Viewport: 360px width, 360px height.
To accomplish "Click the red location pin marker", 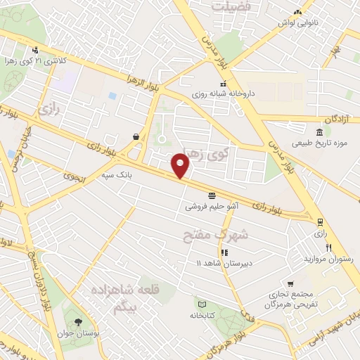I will coord(181,165).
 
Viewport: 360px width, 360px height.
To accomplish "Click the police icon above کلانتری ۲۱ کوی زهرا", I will coord(35,50).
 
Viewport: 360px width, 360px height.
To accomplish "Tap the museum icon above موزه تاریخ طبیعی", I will coord(320,133).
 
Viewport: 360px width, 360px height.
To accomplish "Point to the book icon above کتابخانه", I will coord(202,304).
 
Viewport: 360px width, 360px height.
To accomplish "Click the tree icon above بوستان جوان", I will coord(77,323).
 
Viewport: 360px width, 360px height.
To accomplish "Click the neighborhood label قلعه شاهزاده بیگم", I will coord(122,296).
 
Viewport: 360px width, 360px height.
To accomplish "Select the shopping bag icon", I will coord(135,136).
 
